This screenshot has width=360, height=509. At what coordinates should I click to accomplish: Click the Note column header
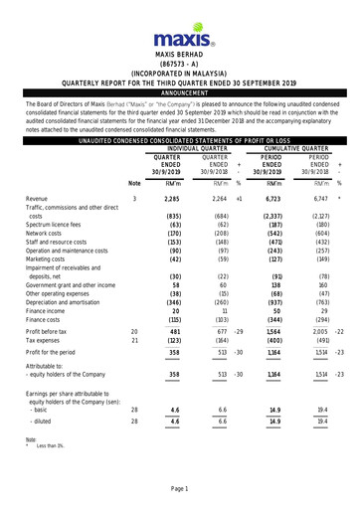coord(135,183)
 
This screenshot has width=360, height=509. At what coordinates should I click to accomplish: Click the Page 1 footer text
coord(179,490)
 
